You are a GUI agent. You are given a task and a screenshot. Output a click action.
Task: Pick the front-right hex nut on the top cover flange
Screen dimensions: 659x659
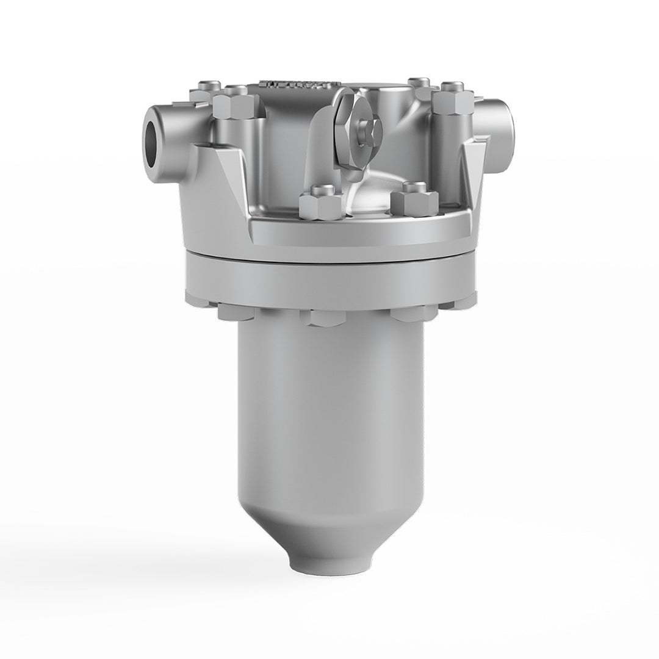(414, 201)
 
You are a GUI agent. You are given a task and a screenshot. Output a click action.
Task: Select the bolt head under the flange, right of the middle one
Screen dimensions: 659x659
(412, 312)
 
